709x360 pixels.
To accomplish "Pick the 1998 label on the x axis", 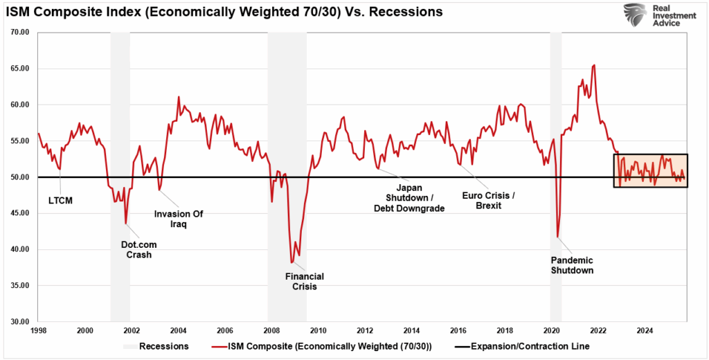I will pos(38,330).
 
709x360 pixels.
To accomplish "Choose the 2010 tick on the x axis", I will pos(318,330).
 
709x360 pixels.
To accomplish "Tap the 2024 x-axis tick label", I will pos(644,330).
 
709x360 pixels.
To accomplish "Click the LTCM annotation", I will pos(60,201).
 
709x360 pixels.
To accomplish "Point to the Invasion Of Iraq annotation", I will pos(179,219).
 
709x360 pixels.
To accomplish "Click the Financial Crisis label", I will pos(305,281).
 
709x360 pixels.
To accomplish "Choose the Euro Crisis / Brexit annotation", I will pos(490,201).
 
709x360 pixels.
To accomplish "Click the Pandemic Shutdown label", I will pos(572,265).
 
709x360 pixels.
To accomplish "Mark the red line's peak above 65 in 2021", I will pos(594,65).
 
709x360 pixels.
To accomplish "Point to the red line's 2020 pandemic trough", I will pos(558,237).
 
